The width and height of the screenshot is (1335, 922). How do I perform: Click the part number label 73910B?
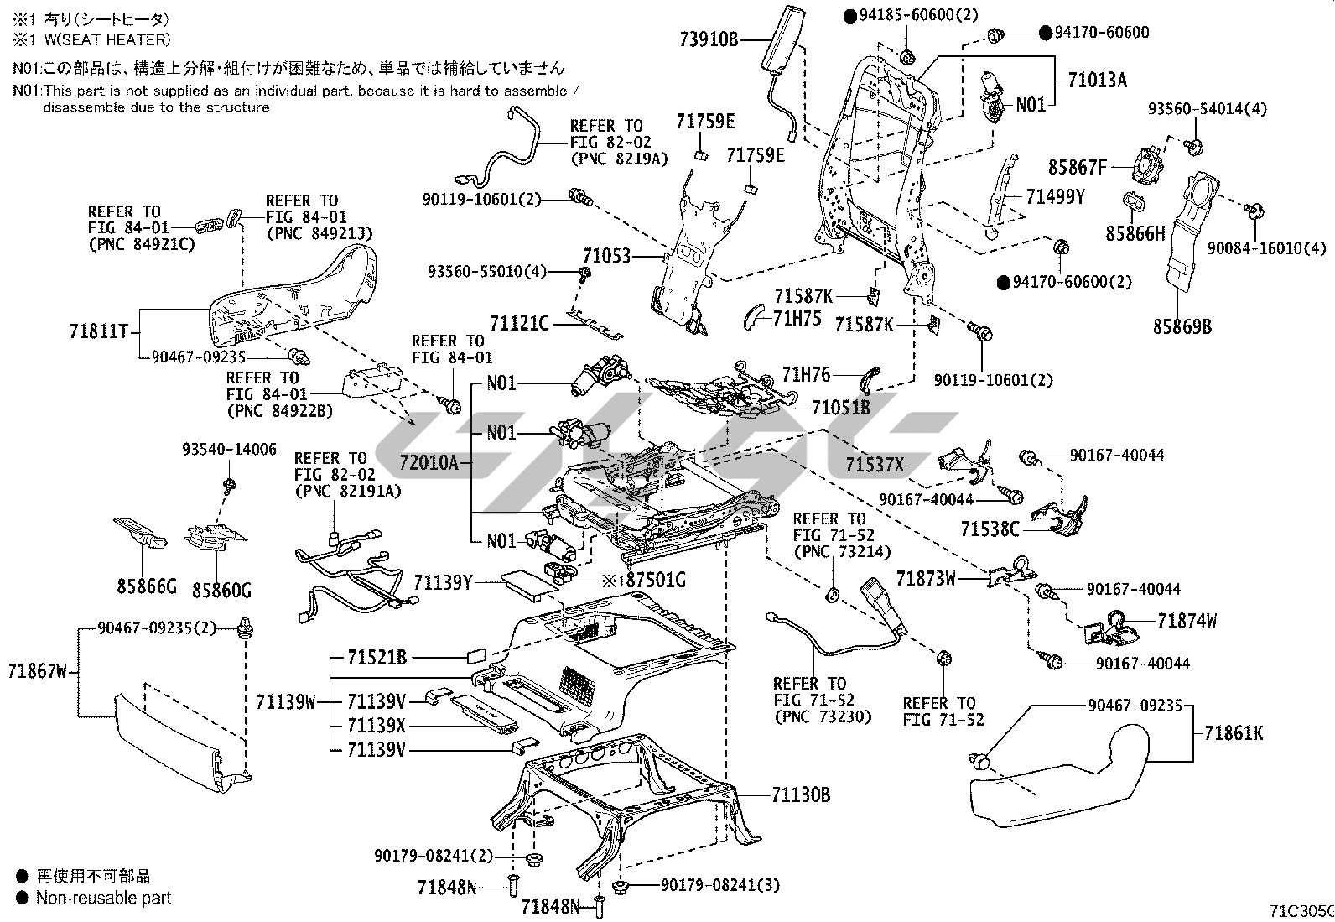709,39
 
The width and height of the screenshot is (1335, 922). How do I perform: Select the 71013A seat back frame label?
1097,81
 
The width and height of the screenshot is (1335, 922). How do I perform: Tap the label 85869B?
1182,326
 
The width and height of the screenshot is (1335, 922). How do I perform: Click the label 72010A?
429,463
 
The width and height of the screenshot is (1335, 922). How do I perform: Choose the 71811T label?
98,331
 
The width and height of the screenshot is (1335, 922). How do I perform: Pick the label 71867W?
37,671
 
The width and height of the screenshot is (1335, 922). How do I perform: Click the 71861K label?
1233,733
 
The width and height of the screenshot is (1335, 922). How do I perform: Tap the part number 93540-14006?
229,450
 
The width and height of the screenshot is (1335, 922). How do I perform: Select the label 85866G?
146,587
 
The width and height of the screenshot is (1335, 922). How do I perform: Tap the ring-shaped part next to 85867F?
1145,164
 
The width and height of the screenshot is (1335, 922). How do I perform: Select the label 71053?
605,256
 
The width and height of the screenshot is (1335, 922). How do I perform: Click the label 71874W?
1187,621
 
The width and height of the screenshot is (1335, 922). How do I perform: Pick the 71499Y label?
1056,197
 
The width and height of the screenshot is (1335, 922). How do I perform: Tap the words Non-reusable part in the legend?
103,899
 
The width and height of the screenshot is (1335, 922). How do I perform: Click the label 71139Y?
444,581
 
